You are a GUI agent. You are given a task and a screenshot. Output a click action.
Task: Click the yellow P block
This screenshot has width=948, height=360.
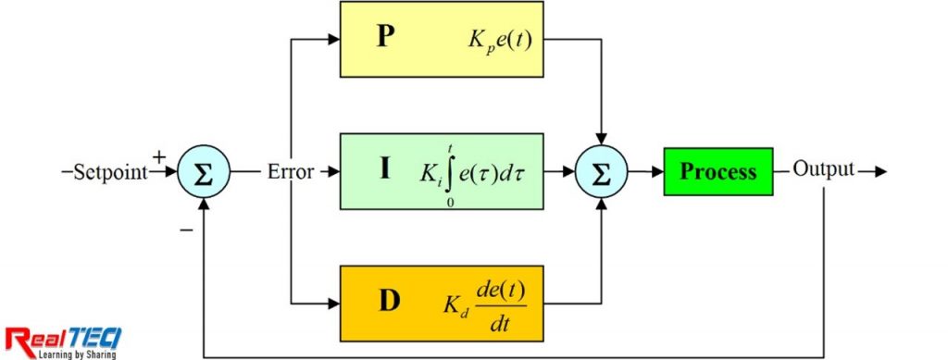point(441,40)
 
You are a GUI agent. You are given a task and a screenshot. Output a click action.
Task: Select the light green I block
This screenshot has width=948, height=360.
point(441,172)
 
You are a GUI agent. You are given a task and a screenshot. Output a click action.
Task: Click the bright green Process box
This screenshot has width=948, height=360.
point(717,172)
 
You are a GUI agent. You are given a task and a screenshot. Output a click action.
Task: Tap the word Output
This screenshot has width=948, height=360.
point(823,172)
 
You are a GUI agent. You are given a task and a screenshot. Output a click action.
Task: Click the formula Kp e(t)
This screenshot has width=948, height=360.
point(501,42)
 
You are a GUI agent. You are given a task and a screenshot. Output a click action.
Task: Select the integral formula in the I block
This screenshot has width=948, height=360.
point(473,172)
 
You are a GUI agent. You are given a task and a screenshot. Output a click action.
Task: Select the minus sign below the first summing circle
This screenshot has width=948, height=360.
point(186,229)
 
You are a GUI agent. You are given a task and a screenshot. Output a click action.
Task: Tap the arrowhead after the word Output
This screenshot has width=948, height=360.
point(879,172)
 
